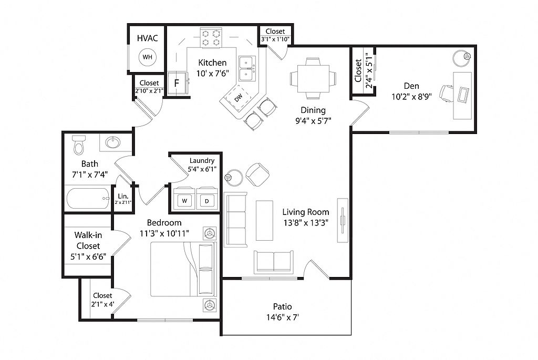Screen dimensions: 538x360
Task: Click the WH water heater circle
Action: pos(148,57)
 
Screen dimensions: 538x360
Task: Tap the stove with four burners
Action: pos(211,38)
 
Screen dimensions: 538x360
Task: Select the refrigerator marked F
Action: pos(177,84)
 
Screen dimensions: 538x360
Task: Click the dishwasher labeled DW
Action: pos(239,98)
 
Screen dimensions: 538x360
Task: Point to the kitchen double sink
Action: pos(247,69)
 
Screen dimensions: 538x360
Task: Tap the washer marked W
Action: pos(184,199)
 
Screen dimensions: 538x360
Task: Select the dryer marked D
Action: pos(207,199)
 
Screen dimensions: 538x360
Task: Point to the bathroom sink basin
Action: pos(112,142)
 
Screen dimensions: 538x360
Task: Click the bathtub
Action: pos(88,198)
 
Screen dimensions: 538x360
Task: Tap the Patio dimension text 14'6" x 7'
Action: pos(282,317)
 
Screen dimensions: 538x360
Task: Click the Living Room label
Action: pos(306,212)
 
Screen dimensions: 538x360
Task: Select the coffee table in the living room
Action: pos(265,221)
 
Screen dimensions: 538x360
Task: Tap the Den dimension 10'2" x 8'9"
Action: pos(412,97)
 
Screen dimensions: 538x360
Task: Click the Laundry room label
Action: pos(202,160)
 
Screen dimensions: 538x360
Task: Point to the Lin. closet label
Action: pos(123,197)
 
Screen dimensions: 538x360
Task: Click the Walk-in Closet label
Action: pos(88,240)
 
